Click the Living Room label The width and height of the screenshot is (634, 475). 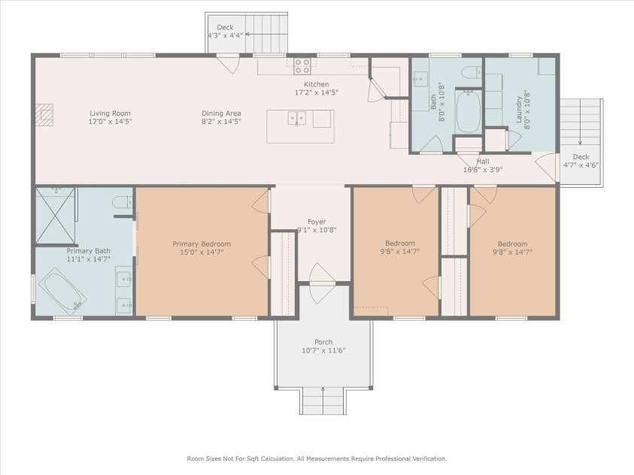tap(110, 113)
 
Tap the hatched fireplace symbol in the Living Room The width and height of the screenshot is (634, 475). tap(47, 113)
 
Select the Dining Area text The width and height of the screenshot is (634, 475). tap(220, 113)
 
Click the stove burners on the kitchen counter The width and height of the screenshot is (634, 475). tap(302, 65)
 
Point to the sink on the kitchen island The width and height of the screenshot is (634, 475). tap(299, 118)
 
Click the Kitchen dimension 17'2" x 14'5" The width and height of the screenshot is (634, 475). tap(316, 92)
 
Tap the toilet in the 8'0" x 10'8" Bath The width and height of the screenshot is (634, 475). tap(472, 72)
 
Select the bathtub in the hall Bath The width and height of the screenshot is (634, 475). tap(468, 111)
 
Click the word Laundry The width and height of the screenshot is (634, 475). tap(519, 109)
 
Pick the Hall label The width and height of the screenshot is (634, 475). tap(483, 161)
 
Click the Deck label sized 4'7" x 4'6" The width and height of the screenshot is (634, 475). tap(581, 157)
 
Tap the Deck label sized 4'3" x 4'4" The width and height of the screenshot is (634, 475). tap(225, 27)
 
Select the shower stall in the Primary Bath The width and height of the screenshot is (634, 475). tap(56, 215)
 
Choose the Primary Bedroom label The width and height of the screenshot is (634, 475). tap(201, 244)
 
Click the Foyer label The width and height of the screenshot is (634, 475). tap(317, 222)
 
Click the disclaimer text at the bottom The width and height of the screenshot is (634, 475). tap(317, 458)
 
